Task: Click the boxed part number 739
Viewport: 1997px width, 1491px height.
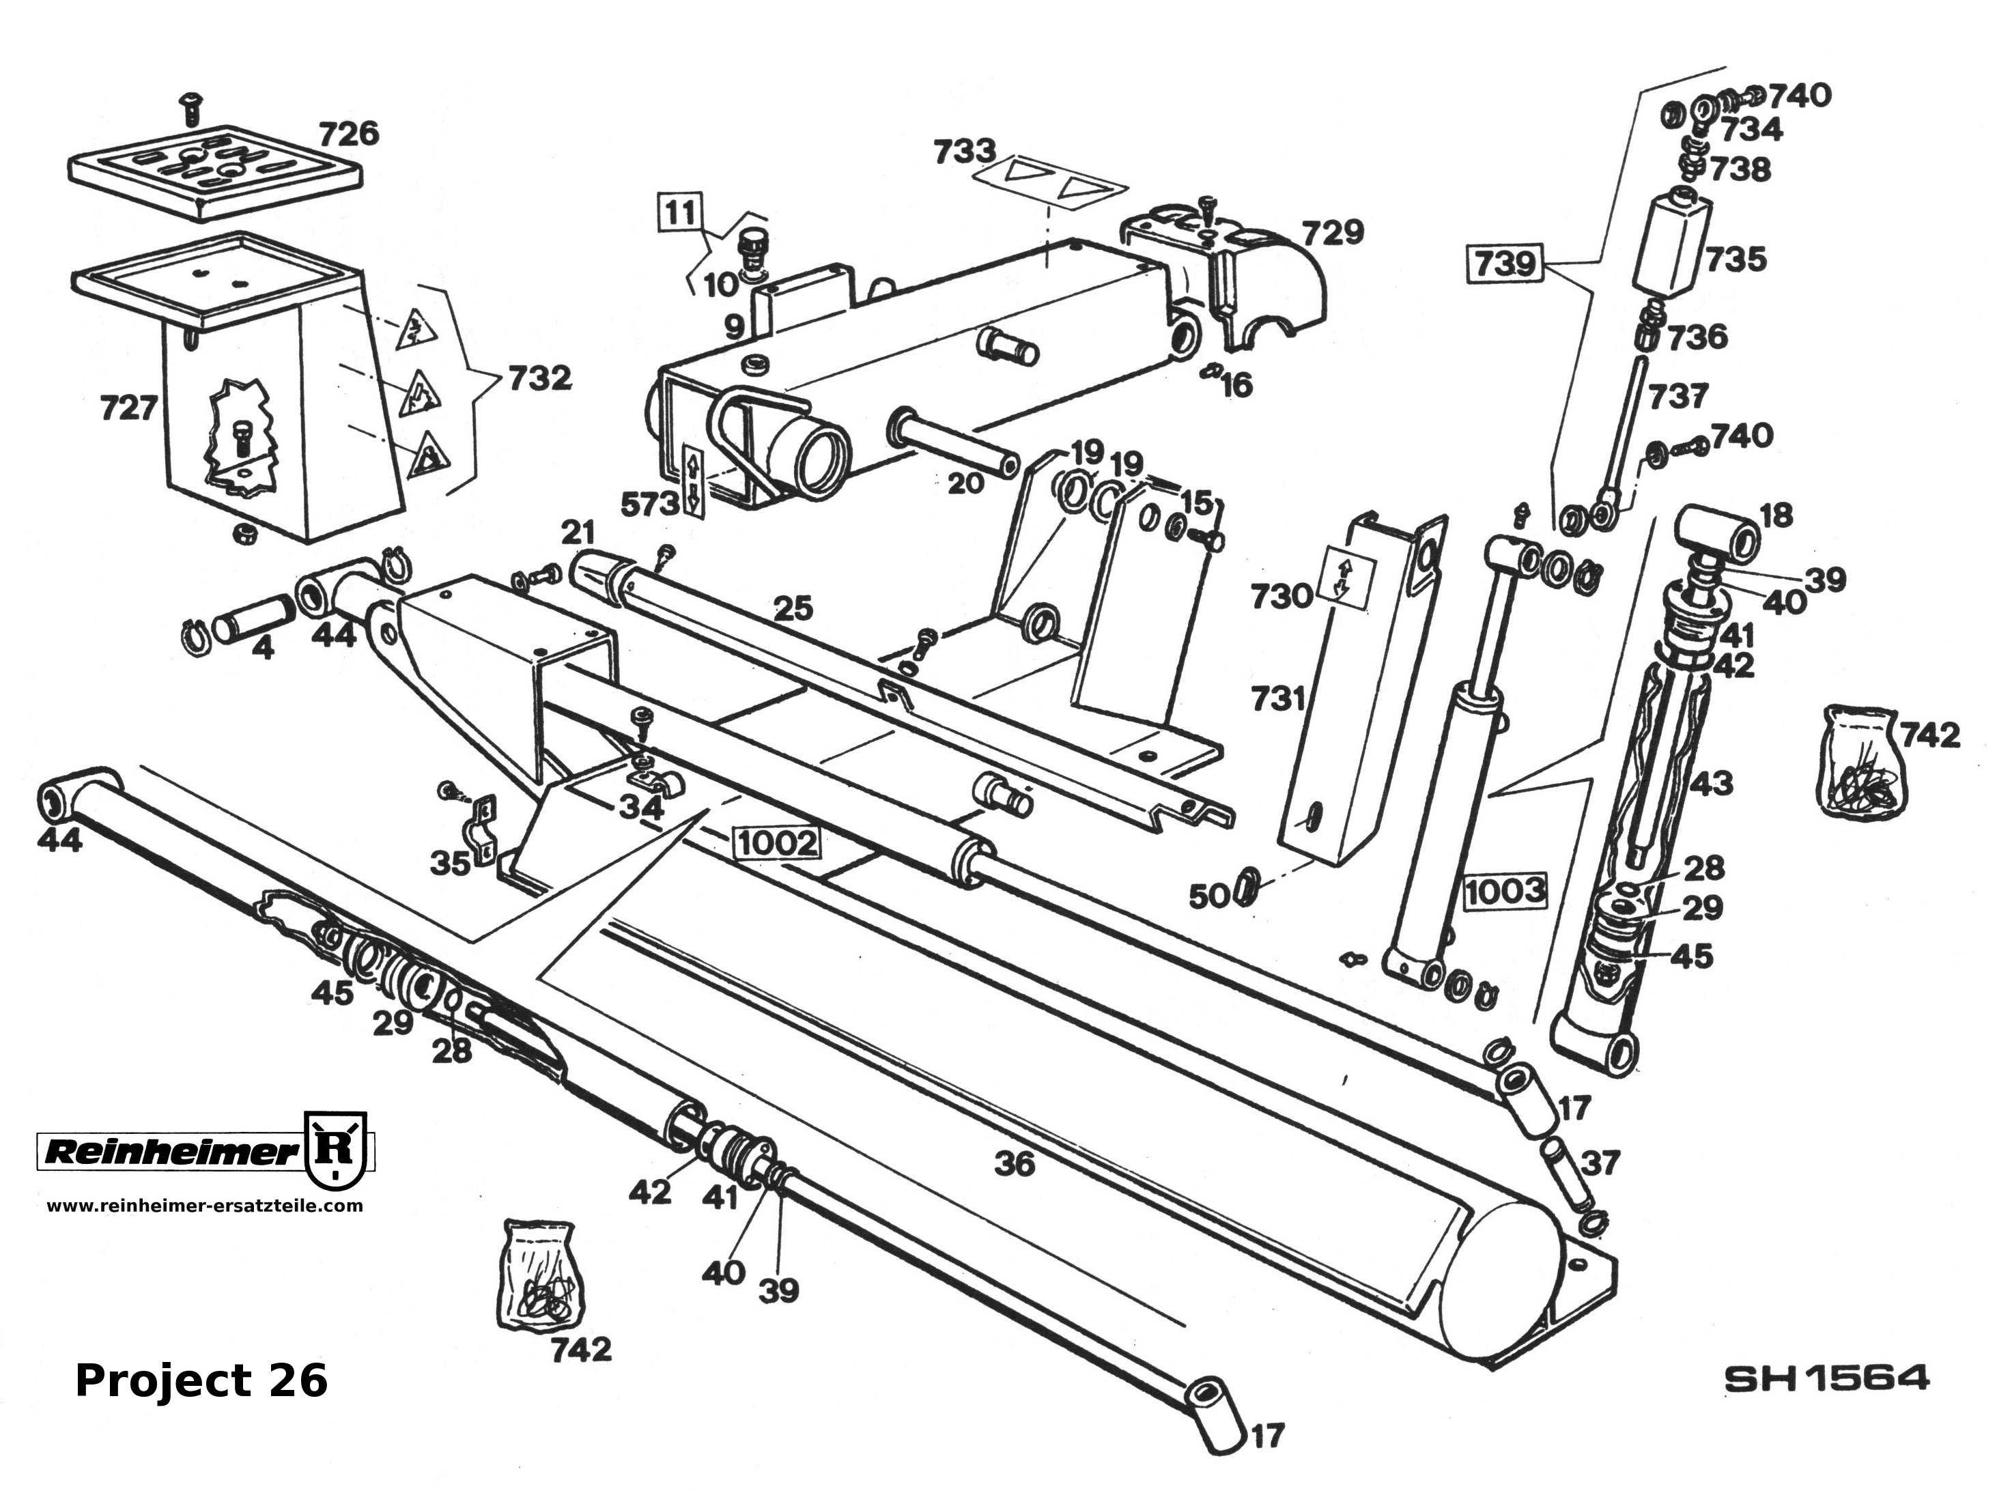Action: coord(1505,263)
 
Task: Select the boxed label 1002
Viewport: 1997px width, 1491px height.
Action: coord(778,843)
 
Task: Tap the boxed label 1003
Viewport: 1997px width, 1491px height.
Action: coord(1504,891)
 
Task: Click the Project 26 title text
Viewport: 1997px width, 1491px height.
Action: coord(200,1380)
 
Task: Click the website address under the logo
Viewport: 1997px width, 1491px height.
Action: coord(205,1205)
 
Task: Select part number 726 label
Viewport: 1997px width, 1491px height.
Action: coord(348,134)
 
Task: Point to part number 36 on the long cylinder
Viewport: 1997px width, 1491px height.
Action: coord(1015,1163)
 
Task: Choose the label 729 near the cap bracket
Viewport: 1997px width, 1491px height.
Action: coord(1332,232)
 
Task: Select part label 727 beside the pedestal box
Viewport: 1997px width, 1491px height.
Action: coord(129,408)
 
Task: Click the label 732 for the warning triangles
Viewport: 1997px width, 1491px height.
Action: coord(539,378)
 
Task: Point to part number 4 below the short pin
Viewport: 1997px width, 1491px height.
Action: coord(263,647)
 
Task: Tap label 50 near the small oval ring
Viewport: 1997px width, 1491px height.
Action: coord(1209,896)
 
